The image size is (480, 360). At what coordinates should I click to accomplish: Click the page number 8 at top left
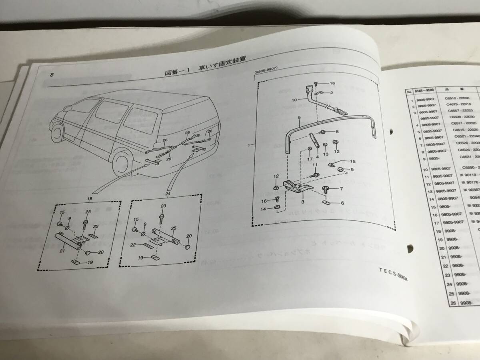point(52,75)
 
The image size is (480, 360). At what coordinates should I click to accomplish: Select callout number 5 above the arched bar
point(298,118)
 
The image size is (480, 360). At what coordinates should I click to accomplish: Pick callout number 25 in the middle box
point(174,227)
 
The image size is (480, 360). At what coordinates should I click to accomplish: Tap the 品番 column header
point(458,90)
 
